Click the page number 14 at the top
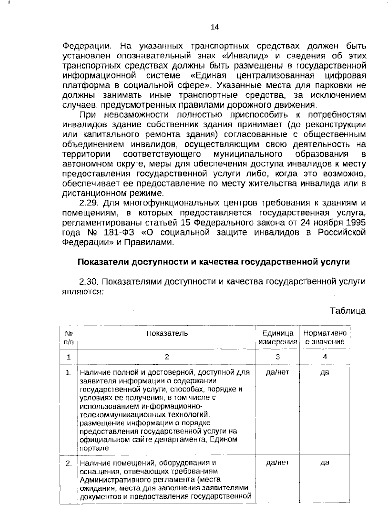(215, 27)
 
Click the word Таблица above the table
(348, 311)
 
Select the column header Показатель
(167, 333)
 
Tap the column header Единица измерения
(278, 337)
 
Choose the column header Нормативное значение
(325, 337)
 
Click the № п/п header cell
(69, 337)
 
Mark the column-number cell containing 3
(278, 357)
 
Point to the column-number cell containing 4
(325, 357)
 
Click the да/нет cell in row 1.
(278, 372)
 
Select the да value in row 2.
(325, 463)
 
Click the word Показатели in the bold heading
(102, 262)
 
